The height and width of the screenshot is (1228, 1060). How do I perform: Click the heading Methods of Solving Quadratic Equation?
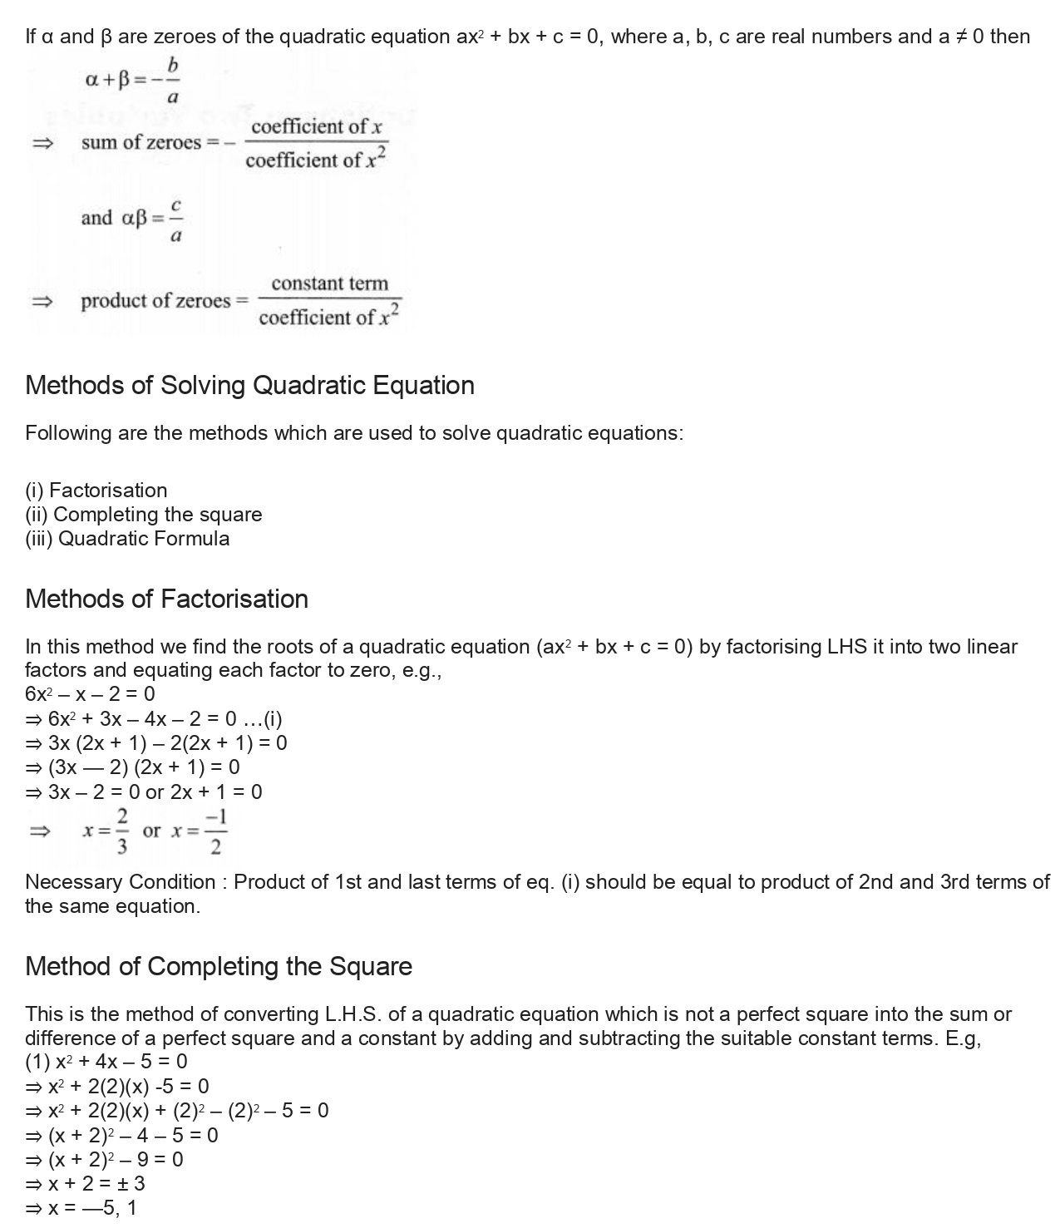tap(249, 386)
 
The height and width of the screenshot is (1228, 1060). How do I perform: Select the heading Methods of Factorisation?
tap(166, 599)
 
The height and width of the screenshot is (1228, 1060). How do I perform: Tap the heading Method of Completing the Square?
tap(219, 967)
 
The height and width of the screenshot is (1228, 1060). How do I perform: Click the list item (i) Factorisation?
tap(96, 491)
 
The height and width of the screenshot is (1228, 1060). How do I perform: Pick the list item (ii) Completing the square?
tap(143, 515)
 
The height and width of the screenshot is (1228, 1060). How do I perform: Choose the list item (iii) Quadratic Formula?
tap(127, 539)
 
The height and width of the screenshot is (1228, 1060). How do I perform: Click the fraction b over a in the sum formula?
tap(172, 81)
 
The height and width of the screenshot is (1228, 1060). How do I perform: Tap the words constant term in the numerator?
tap(329, 284)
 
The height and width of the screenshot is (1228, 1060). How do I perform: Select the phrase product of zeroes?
tap(155, 301)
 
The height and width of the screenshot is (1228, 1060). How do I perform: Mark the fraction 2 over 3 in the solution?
tap(121, 831)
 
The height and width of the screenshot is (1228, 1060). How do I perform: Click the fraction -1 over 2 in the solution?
tap(215, 831)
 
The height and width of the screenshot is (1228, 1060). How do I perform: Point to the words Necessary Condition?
tap(120, 882)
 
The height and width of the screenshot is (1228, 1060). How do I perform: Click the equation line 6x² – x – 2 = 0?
tap(90, 694)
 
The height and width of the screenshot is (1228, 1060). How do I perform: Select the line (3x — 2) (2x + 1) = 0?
tap(133, 767)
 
